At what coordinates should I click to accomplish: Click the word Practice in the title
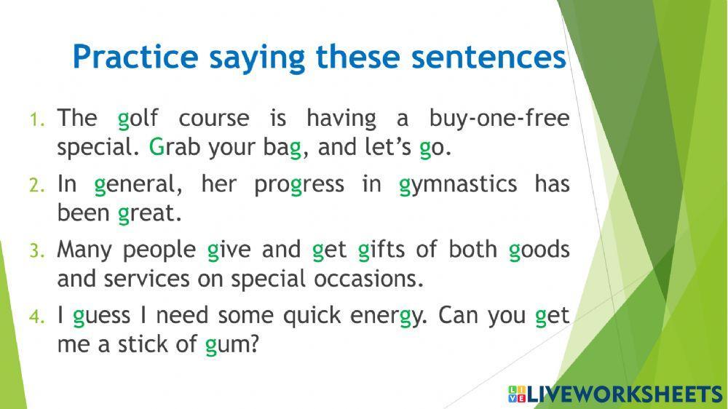(135, 57)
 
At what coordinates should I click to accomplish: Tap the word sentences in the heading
(488, 57)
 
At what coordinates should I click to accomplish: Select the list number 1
(37, 119)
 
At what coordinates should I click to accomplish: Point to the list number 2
(37, 186)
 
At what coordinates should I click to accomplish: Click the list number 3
(37, 250)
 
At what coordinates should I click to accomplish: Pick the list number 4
(37, 317)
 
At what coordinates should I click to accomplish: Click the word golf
(138, 119)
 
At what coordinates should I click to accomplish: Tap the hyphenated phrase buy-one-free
(499, 119)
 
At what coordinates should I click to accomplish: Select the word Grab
(175, 147)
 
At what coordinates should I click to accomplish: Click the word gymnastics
(458, 185)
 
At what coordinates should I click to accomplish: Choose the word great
(149, 214)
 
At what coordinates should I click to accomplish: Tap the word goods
(539, 250)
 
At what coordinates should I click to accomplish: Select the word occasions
(368, 279)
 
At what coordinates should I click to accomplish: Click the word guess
(102, 317)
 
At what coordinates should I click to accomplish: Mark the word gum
(231, 345)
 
